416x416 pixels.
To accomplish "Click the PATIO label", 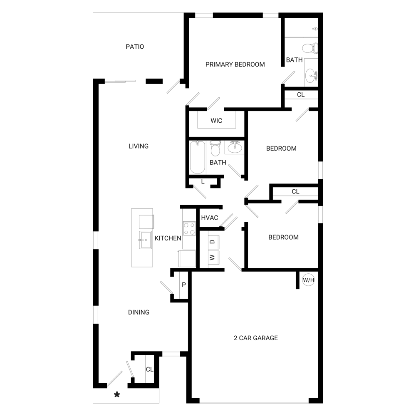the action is tap(135, 47).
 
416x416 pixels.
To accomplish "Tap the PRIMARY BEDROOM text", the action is tap(235, 64).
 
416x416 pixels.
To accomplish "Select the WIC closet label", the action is tap(216, 121).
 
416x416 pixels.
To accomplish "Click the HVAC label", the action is tap(210, 218).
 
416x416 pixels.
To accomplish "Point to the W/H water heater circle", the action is tap(309, 280).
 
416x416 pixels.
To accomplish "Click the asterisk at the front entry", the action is tap(117, 395).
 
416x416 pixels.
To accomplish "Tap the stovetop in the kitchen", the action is tap(189, 229).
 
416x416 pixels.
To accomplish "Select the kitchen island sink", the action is tap(145, 240).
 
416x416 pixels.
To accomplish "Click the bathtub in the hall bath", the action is tap(197, 157).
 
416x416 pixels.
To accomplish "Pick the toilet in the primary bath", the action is tap(310, 48).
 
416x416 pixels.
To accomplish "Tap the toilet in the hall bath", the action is tap(215, 149).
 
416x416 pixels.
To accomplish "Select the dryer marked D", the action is tap(213, 242).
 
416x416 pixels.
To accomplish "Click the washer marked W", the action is tap(213, 258).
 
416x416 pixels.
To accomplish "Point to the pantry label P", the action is tap(184, 285).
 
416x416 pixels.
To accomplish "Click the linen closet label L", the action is tap(203, 182).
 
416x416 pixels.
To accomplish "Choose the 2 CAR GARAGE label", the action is tap(256, 338).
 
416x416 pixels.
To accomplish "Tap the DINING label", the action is tap(139, 312).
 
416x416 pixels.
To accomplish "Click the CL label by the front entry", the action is tap(150, 369).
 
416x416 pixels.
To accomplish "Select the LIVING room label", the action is tap(139, 146).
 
